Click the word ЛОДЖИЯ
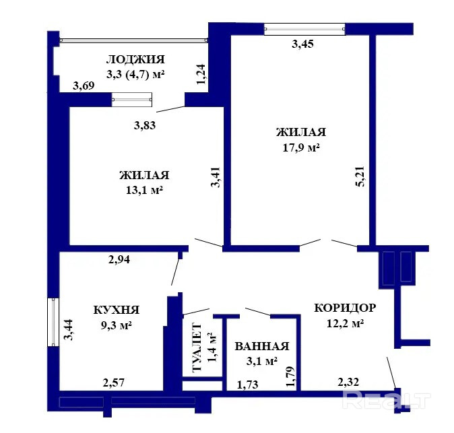pos(135,59)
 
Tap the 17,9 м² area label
pos(301,148)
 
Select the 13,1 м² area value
pos(144,191)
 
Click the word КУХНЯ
pos(117,310)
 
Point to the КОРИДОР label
pos(345,308)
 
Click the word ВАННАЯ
pos(262,346)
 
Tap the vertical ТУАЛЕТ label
pos(197,347)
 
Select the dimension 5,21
pos(361,176)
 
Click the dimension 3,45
pos(302,44)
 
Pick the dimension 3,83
pos(144,125)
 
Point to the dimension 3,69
pos(84,86)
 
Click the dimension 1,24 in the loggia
pos(201,74)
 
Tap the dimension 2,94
pos(119,260)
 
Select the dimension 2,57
pos(113,382)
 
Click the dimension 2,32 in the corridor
pos(348,382)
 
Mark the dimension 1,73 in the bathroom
pos(248,385)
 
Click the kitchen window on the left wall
pos(53,322)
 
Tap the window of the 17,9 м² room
pos(304,29)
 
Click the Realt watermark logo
pos(386,400)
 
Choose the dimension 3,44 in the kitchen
pos(68,330)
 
